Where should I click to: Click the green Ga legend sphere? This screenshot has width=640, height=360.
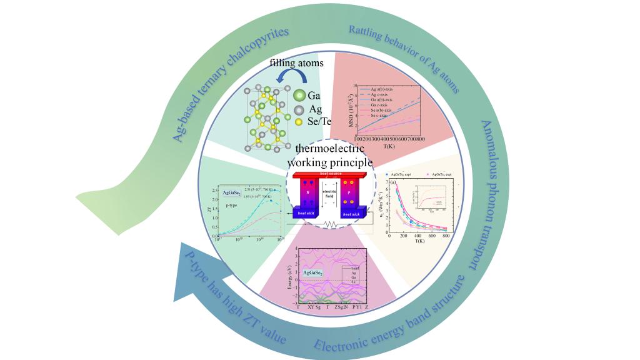point(299,96)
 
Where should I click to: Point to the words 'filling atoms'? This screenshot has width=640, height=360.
point(296,63)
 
